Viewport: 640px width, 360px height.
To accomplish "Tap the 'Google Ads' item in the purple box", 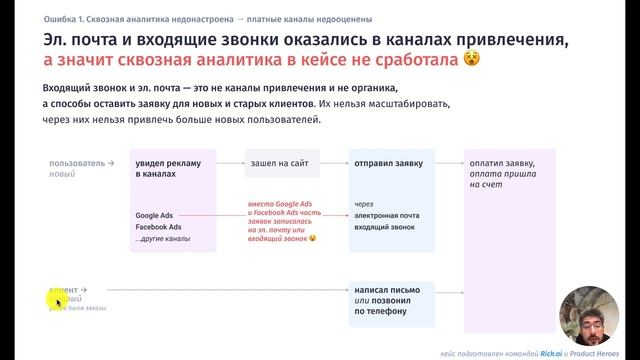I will click(156, 214).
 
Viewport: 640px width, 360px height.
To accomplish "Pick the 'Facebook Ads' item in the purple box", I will click(160, 227).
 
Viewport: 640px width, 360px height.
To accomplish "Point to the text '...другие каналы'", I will click(166, 240).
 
